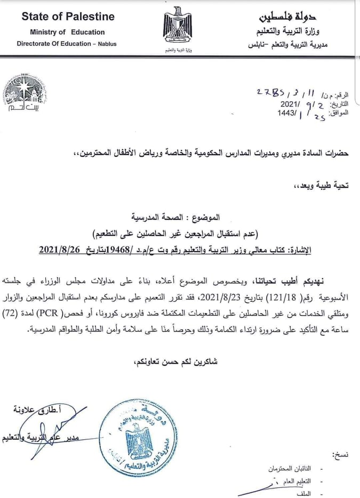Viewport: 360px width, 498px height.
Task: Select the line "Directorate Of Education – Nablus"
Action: (x=67, y=44)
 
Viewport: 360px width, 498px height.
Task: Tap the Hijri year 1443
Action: (x=286, y=113)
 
